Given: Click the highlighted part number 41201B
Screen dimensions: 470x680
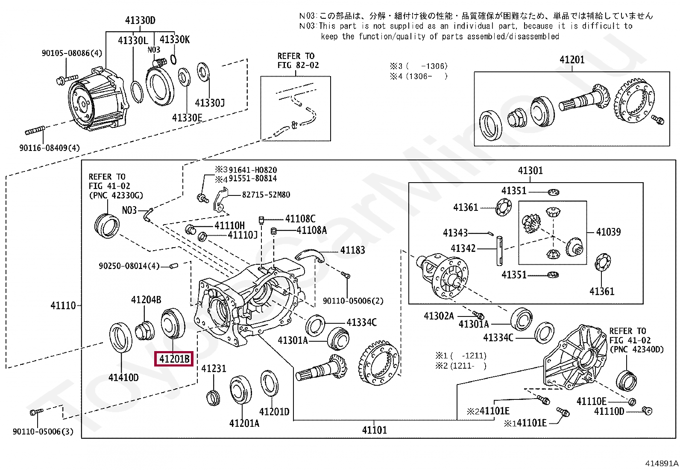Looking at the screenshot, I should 174,358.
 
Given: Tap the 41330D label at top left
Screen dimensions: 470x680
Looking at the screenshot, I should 140,20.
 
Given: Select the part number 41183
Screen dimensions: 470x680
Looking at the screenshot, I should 352,250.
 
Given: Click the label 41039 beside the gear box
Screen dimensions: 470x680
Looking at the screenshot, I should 608,232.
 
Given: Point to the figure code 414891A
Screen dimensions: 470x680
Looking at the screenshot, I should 661,463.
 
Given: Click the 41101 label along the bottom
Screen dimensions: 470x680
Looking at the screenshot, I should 374,430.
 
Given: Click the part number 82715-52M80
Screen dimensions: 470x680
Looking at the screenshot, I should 266,195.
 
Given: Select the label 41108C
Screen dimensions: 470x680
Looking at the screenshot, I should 300,219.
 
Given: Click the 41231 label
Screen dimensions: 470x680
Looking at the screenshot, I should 214,369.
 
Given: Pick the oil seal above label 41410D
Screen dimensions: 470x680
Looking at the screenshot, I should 121,337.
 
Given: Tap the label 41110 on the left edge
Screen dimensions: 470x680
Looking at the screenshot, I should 63,305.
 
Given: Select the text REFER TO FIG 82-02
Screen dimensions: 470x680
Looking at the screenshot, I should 298,61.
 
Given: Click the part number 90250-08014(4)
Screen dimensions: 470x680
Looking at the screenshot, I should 129,266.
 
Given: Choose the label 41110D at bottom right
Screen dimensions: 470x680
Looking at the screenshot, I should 609,411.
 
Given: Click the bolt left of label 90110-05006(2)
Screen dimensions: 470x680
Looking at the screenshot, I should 346,275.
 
